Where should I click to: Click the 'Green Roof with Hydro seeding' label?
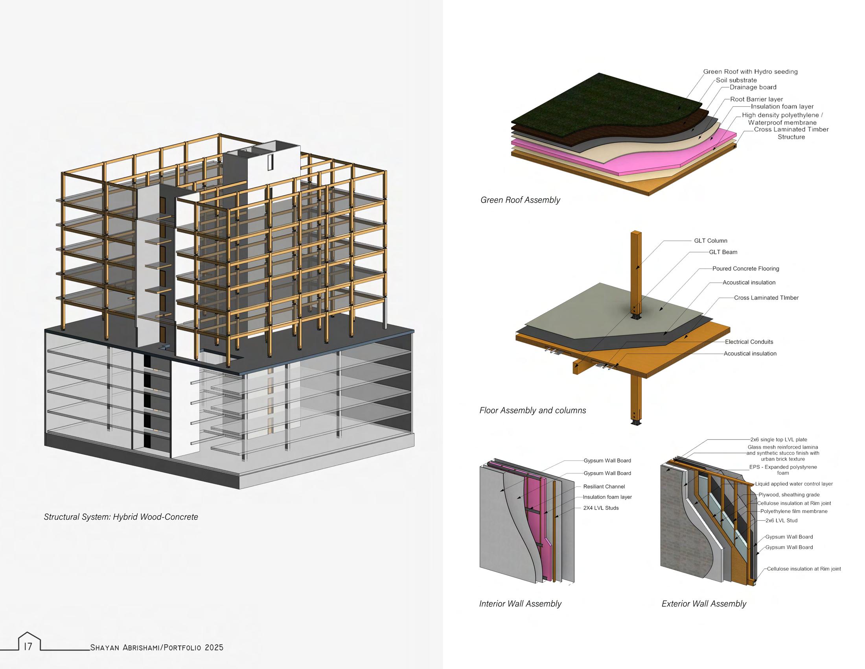[x=750, y=72]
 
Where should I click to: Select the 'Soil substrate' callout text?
[x=736, y=80]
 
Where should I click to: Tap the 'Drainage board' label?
[x=753, y=87]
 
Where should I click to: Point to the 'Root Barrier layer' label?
[x=756, y=99]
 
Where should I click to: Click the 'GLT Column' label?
[x=710, y=240]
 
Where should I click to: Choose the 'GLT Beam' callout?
[x=723, y=252]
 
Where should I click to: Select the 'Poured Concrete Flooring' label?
[x=745, y=269]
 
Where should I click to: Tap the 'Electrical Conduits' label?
[x=749, y=342]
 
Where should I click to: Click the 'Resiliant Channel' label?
[x=604, y=486]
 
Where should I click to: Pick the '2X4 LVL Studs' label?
[x=601, y=508]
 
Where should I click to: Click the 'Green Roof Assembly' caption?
[x=520, y=200]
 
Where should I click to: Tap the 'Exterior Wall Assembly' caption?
[x=704, y=604]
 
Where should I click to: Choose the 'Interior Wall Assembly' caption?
[x=520, y=604]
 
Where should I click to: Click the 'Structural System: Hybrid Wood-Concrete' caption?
[x=121, y=517]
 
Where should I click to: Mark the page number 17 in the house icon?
[x=28, y=647]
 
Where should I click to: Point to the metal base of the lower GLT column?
[x=637, y=423]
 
